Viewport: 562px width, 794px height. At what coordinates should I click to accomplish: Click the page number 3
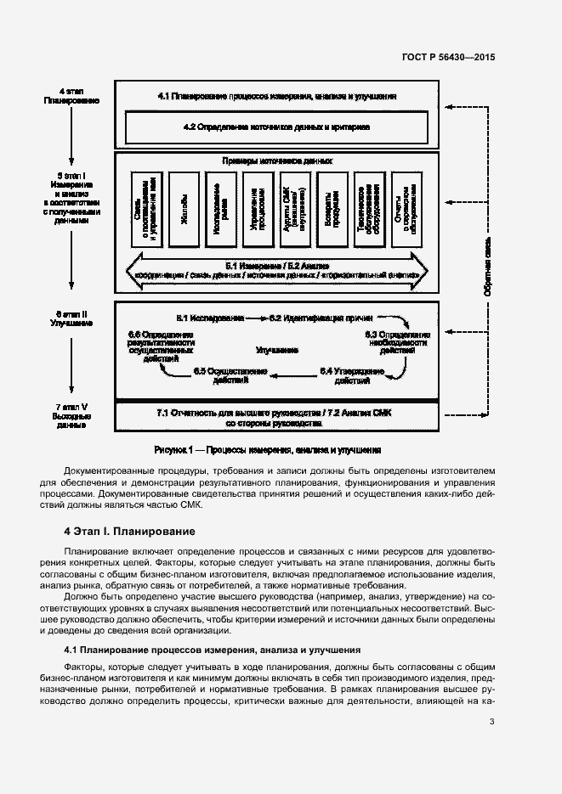click(491, 723)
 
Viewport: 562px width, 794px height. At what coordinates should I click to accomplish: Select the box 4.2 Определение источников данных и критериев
click(276, 127)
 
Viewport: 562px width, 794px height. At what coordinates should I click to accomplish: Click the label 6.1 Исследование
click(210, 318)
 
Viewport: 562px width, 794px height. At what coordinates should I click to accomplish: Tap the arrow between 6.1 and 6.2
click(255, 318)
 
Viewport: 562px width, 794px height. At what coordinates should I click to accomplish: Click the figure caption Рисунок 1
click(267, 450)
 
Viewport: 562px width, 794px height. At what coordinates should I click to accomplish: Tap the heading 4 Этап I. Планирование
click(130, 532)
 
